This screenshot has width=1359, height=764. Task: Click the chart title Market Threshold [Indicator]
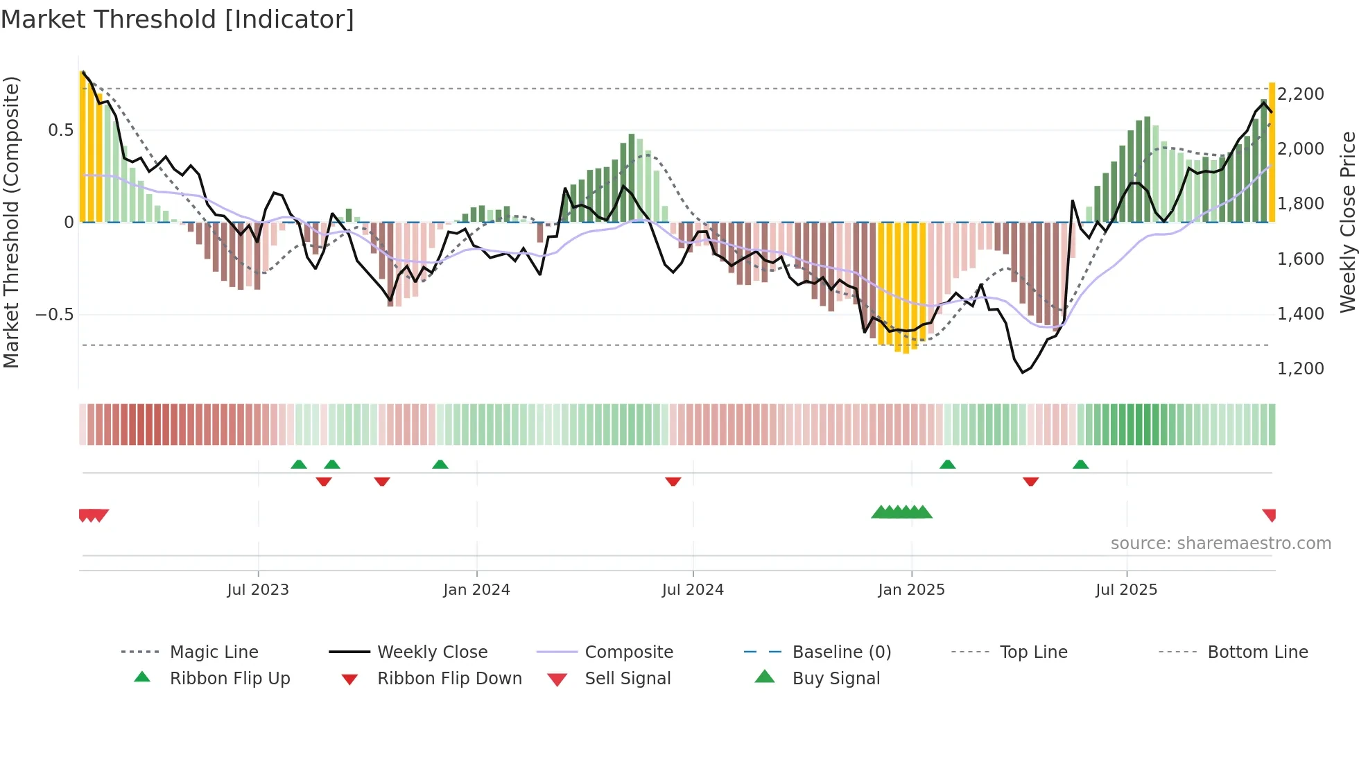[178, 19]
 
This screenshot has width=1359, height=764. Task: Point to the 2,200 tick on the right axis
[1300, 94]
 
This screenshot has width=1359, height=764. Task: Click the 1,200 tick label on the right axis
[1300, 368]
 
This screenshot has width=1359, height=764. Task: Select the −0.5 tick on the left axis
[54, 314]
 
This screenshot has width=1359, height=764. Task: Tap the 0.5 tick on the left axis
[60, 130]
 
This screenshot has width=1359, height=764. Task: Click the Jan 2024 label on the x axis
[476, 589]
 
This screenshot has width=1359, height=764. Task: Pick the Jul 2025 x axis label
[1126, 589]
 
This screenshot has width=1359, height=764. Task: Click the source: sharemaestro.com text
[1220, 543]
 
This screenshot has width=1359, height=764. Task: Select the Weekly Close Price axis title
[1347, 222]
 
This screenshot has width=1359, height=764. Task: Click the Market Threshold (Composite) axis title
[11, 222]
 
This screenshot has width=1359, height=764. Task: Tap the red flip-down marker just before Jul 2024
[673, 481]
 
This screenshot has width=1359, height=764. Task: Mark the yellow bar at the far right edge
[1272, 153]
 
